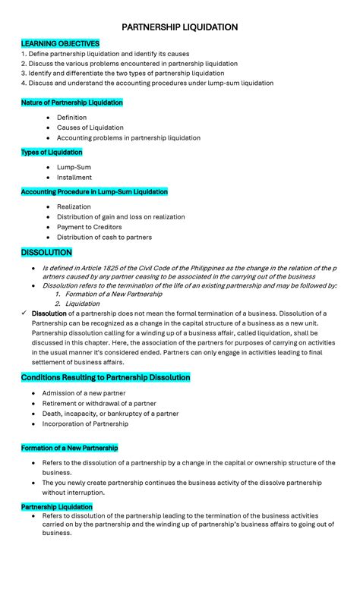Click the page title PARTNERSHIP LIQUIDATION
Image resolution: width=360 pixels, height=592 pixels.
coord(179,27)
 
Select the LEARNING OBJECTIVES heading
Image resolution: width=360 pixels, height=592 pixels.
coord(60,43)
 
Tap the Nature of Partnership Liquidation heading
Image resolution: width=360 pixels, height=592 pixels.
coord(71,102)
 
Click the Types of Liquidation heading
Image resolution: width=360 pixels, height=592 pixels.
coord(52,153)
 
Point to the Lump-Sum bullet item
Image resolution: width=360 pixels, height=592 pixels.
coord(74,167)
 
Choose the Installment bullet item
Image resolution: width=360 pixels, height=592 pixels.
coord(74,178)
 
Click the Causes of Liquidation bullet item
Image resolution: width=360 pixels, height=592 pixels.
coord(90,128)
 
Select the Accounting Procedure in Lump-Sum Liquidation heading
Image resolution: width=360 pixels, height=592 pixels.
coord(94,192)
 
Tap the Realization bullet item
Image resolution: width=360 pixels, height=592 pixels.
coord(74,206)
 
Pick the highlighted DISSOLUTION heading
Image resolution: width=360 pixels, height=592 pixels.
coord(46,252)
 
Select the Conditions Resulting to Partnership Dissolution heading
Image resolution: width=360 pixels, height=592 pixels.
coord(106,377)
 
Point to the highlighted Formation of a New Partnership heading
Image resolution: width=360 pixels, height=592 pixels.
coord(69,448)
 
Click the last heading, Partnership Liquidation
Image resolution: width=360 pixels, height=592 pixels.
coord(57,506)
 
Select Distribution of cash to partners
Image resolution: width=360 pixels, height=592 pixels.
coord(104,237)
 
